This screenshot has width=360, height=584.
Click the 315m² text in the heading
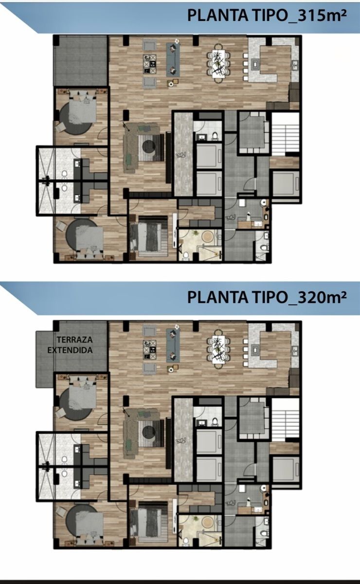pyautogui.click(x=322, y=16)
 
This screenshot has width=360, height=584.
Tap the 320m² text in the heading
pyautogui.click(x=322, y=297)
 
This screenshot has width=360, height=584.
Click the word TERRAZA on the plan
pyautogui.click(x=74, y=340)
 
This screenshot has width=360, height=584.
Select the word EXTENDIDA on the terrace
pyautogui.click(x=70, y=350)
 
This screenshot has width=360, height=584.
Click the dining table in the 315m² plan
pyautogui.click(x=219, y=64)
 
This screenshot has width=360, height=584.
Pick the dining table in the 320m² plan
pyautogui.click(x=219, y=349)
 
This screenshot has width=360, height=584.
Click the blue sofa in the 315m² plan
pyautogui.click(x=173, y=60)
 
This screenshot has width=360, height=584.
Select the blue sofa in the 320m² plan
pyautogui.click(x=173, y=345)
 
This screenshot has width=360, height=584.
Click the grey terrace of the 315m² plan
pyautogui.click(x=80, y=61)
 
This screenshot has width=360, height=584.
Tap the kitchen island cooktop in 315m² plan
pyautogui.click(x=255, y=64)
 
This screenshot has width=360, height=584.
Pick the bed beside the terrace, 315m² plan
pyautogui.click(x=83, y=109)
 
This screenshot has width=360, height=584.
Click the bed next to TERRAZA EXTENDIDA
pyautogui.click(x=83, y=395)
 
